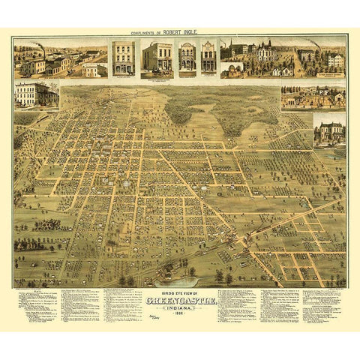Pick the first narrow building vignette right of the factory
click(123, 58)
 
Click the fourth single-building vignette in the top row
click(208, 58)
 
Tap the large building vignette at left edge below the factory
click(36, 94)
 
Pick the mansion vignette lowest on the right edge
click(329, 130)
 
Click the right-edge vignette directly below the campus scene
click(313, 97)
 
